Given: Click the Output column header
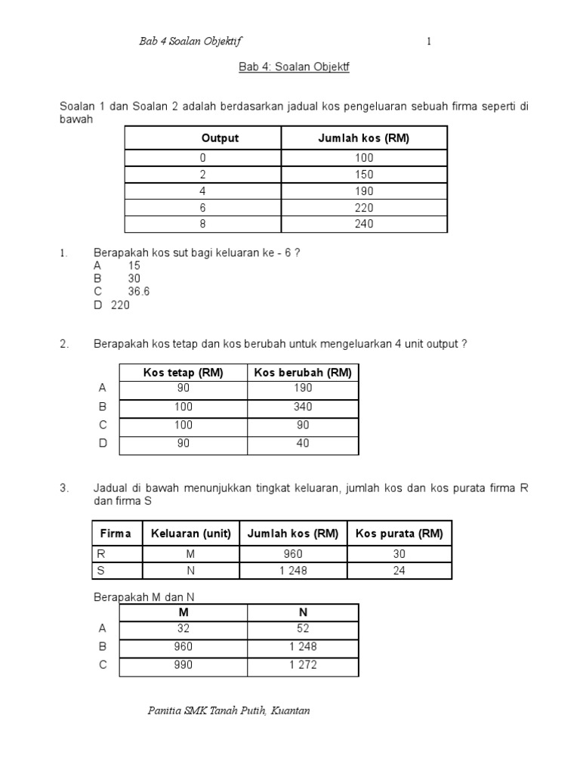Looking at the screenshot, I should point(220,138).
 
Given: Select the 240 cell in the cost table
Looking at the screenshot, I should point(364,224).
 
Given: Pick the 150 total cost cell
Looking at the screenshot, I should point(364,175).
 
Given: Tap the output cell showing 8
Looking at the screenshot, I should point(202,224).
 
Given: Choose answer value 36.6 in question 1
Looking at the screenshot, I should point(139,291).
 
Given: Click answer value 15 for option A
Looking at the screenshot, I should point(134,265).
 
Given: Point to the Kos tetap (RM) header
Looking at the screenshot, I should point(184,373).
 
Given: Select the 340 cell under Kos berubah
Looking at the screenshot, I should point(303,407).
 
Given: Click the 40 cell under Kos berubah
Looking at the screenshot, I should point(303,444).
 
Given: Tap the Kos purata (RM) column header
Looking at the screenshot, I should point(400,534).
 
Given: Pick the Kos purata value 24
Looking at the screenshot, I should point(400,571).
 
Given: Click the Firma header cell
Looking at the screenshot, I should point(116,534).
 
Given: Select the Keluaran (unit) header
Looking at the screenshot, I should point(191,534).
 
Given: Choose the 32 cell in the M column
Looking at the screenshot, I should point(184,628).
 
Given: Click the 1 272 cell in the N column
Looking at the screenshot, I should point(303,665).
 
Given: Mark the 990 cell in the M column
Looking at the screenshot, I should point(184,665).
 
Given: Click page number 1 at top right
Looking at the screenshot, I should point(429,42).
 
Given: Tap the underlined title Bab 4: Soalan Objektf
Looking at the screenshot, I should point(295,67).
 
